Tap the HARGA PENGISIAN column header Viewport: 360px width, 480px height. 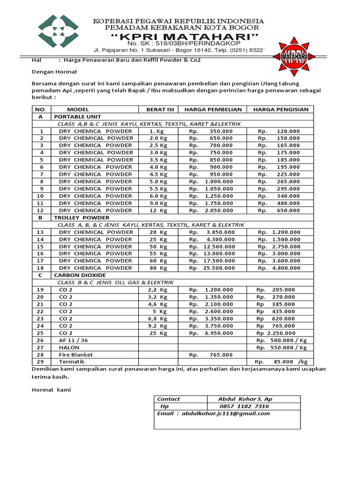281,109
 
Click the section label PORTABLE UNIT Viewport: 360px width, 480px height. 77,117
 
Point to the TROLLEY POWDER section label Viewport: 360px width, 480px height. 82,217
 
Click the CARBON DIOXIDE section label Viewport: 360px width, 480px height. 80,275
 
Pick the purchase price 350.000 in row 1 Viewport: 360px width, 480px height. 221,131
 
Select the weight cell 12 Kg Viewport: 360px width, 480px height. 158,210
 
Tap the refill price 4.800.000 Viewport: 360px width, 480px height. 285,268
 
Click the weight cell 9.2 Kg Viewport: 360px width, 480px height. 158,326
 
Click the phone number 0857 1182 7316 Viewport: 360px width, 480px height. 244,406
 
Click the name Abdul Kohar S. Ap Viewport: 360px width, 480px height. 245,399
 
